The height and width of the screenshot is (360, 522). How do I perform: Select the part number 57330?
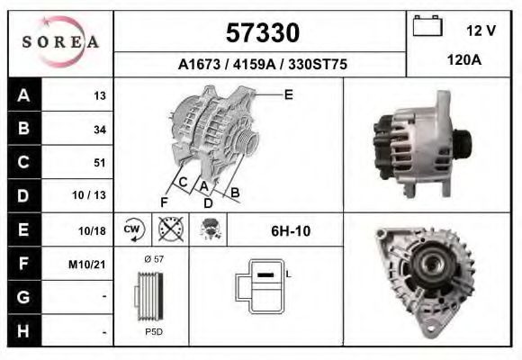point(261,33)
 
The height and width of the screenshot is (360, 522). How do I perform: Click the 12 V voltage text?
point(481,31)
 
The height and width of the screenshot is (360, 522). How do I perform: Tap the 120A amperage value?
point(463,61)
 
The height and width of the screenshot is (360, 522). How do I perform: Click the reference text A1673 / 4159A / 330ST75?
point(262,65)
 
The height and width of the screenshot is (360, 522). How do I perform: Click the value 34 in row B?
point(99,130)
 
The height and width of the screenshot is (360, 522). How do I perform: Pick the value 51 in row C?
point(99,163)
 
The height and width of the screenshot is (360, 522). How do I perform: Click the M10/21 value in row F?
point(90,264)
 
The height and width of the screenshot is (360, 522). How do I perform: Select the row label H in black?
point(23,330)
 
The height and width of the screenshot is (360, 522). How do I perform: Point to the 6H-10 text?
point(291,230)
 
